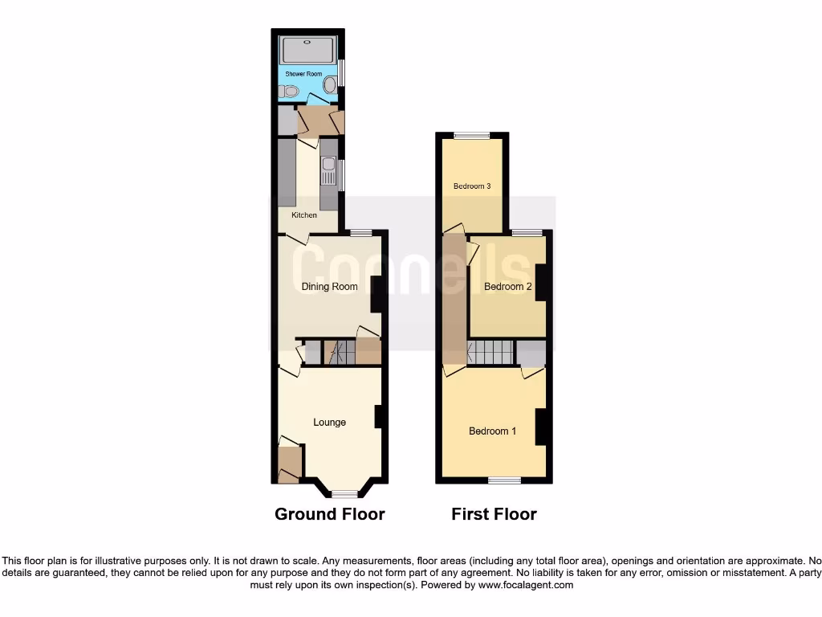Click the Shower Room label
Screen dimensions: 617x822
coord(303,74)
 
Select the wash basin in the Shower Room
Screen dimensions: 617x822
coord(289,92)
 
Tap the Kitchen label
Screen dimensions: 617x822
coord(304,215)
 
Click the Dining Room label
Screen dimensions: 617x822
coord(329,287)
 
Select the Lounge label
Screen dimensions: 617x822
coord(329,423)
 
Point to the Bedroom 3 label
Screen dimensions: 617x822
coord(472,186)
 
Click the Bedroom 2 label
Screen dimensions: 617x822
coord(508,287)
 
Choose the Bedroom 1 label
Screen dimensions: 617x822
coord(492,431)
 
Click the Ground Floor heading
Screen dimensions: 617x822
coord(330,514)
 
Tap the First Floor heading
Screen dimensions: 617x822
coord(494,514)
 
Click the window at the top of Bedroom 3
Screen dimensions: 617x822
coord(471,136)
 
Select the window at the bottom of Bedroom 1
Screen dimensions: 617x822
coord(504,480)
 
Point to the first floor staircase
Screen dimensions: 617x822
coord(490,352)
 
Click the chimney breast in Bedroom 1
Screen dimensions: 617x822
coord(542,426)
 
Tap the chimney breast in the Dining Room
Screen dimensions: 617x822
coord(376,294)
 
